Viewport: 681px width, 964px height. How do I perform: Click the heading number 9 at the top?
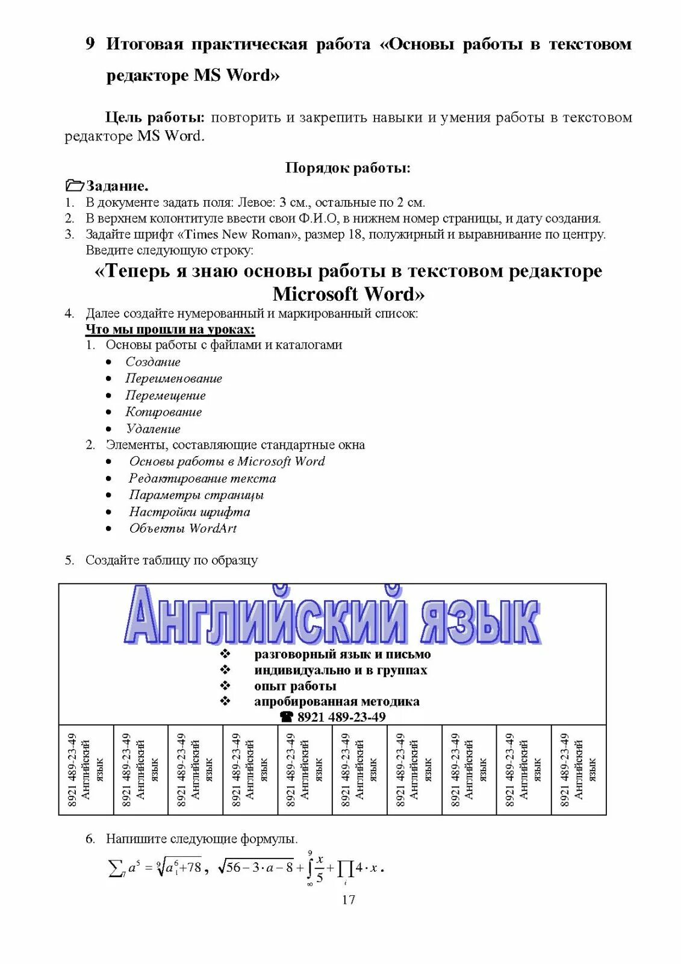(90, 43)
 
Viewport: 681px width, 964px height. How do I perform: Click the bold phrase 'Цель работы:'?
(155, 117)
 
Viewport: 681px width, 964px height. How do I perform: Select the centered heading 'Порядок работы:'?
(347, 167)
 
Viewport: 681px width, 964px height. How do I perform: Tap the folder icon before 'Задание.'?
(74, 186)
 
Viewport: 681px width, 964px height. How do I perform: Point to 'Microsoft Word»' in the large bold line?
(348, 294)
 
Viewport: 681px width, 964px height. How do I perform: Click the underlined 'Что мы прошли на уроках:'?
(170, 329)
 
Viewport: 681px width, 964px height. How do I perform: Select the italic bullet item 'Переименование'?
(173, 378)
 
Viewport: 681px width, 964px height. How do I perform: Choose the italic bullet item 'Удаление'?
(153, 429)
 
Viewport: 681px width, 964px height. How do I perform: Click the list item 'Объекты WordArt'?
(182, 528)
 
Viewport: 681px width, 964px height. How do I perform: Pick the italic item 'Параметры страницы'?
(196, 495)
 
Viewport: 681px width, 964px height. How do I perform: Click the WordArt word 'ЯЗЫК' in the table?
(479, 621)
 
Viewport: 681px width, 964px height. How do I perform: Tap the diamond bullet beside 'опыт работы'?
(225, 686)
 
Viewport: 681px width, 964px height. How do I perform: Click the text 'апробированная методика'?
(337, 701)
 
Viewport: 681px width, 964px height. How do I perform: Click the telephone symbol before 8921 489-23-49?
(287, 717)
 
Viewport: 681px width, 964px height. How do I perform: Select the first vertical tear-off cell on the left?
(86, 770)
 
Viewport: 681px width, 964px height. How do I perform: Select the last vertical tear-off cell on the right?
(578, 770)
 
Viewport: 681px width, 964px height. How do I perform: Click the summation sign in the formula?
(115, 868)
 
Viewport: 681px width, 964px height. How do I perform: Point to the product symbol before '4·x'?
(346, 869)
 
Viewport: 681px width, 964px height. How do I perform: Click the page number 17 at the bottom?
(348, 900)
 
